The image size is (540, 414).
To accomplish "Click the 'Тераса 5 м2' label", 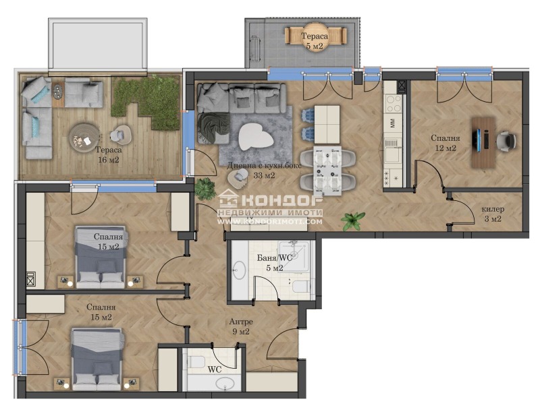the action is point(315,40).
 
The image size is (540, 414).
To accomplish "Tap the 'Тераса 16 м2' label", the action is point(108,154).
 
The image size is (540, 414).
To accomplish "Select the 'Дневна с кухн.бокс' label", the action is point(264,165).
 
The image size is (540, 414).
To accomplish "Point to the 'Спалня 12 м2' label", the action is point(445,143).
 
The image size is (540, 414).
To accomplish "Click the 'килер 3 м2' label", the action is point(493,214).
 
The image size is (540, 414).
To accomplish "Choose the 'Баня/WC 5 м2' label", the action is point(275,262).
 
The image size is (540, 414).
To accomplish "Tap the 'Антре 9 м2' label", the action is point(241,326).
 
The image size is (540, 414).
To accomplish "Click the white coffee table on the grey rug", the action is point(256,136).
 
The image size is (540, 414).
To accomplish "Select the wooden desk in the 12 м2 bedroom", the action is point(483,142).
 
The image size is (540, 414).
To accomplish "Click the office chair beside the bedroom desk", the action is point(506,141).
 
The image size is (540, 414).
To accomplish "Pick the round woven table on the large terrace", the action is point(84,138).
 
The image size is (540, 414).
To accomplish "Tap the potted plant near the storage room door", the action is point(352,220).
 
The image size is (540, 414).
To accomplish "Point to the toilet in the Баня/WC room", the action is point(301,287).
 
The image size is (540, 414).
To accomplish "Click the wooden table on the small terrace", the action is point(316,36).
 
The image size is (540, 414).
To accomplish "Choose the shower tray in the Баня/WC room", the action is point(294,256).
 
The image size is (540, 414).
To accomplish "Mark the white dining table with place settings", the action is point(327,171).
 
